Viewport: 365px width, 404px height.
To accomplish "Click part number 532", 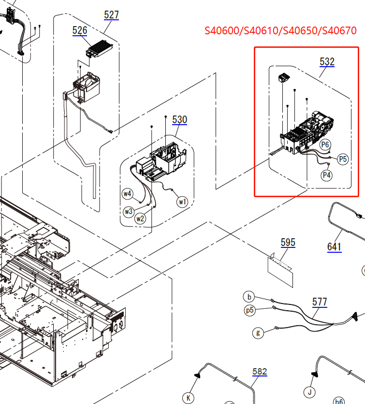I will point(327,62).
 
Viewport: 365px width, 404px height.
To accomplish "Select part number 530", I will point(179,119).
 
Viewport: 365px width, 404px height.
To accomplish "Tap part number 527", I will point(111,14).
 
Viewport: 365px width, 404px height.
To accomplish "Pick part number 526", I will point(80,30).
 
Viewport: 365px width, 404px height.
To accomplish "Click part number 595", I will point(288,243).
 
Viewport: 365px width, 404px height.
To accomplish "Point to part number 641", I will point(334,246).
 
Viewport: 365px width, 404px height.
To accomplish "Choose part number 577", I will point(320,302).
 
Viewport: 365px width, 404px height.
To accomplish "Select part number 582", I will point(260,372).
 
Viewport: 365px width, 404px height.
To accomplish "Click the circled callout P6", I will point(325,144).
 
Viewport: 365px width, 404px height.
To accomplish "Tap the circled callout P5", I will point(343,159).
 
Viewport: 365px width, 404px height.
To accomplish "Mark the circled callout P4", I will point(327,175).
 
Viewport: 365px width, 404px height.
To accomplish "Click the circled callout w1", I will point(182,202).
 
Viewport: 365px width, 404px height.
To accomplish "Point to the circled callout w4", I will point(127,194).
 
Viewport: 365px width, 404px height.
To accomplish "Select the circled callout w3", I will point(128,211).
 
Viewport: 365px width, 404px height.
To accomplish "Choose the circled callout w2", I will point(140,218).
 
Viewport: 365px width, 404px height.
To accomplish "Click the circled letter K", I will point(188,398).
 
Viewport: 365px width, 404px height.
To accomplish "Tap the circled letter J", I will point(309,391).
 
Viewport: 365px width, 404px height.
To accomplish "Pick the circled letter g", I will point(258,332).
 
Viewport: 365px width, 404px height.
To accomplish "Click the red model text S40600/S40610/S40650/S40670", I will point(280,31).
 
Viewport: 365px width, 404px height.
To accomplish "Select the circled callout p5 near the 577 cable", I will point(249,310).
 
